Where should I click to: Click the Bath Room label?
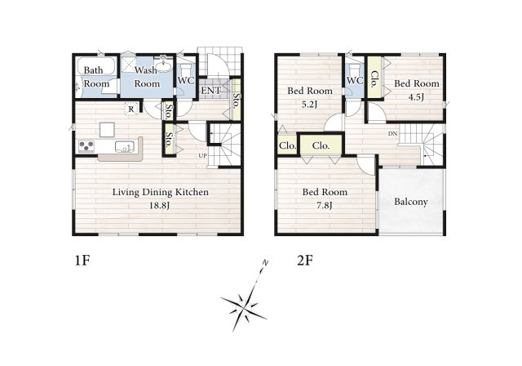point(96,77)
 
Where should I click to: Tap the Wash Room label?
point(147,77)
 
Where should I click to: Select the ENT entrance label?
point(210,91)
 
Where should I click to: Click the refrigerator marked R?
point(131,109)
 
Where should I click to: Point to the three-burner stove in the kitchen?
point(86,146)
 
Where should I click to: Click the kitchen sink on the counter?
point(125,146)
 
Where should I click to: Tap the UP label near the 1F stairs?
point(202,156)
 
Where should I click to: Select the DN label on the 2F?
point(392,134)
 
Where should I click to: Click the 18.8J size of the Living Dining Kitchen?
point(160,206)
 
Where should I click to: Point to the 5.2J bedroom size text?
point(309,105)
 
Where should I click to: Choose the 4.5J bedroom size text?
point(417,97)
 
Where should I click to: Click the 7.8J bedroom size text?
point(325,206)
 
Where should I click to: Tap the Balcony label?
point(411,202)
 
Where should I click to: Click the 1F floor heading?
point(82,261)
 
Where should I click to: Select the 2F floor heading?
point(305,261)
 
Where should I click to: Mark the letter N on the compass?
point(265,263)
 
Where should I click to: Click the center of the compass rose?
point(244,306)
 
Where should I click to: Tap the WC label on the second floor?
point(355,80)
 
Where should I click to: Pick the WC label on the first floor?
point(186,80)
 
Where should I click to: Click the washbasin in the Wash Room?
point(163,66)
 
